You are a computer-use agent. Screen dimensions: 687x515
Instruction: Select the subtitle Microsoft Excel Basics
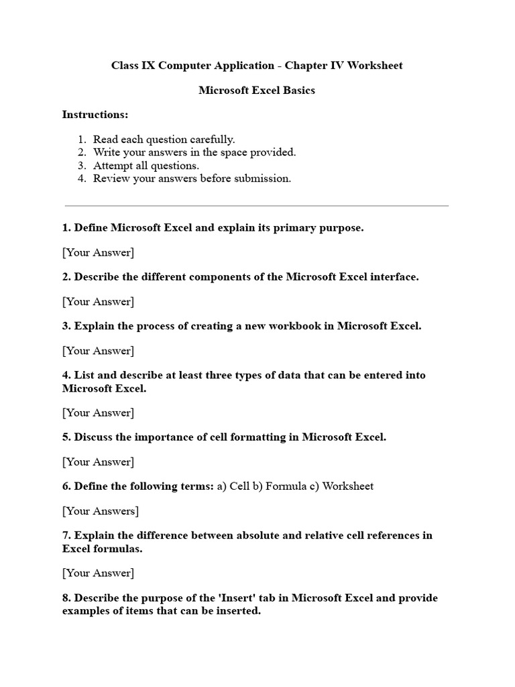click(257, 91)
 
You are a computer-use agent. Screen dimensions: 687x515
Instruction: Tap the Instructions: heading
click(95, 115)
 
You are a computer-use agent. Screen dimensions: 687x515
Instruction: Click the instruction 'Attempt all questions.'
click(146, 166)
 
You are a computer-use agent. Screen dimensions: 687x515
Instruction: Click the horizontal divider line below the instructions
click(257, 206)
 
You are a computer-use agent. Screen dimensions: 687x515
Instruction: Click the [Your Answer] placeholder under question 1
click(98, 252)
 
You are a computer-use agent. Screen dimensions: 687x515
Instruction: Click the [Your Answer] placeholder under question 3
click(98, 350)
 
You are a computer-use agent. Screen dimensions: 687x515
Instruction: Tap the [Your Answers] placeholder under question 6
click(101, 511)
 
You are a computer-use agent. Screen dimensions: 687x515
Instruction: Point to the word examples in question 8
click(85, 611)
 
